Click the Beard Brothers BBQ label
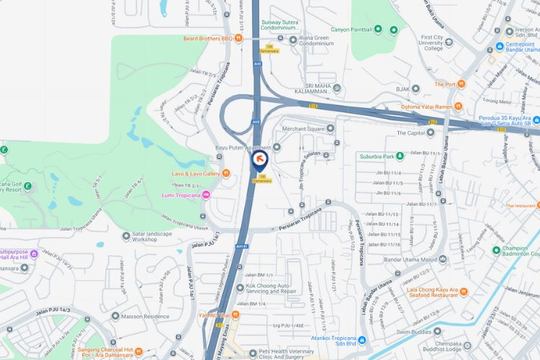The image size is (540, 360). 208,38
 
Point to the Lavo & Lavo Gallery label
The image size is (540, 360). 196,174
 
